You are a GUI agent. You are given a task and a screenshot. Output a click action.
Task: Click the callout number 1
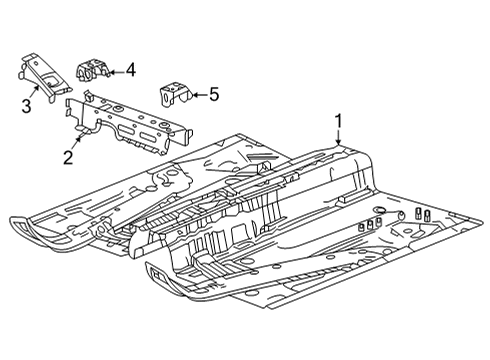coord(339,121)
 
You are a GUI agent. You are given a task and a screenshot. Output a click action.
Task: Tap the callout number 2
coord(68,156)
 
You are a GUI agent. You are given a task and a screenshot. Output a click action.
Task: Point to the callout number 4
coord(131,70)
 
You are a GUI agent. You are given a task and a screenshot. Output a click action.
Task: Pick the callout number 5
coord(212,95)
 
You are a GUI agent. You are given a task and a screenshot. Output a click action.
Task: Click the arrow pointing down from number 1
coord(339,140)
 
